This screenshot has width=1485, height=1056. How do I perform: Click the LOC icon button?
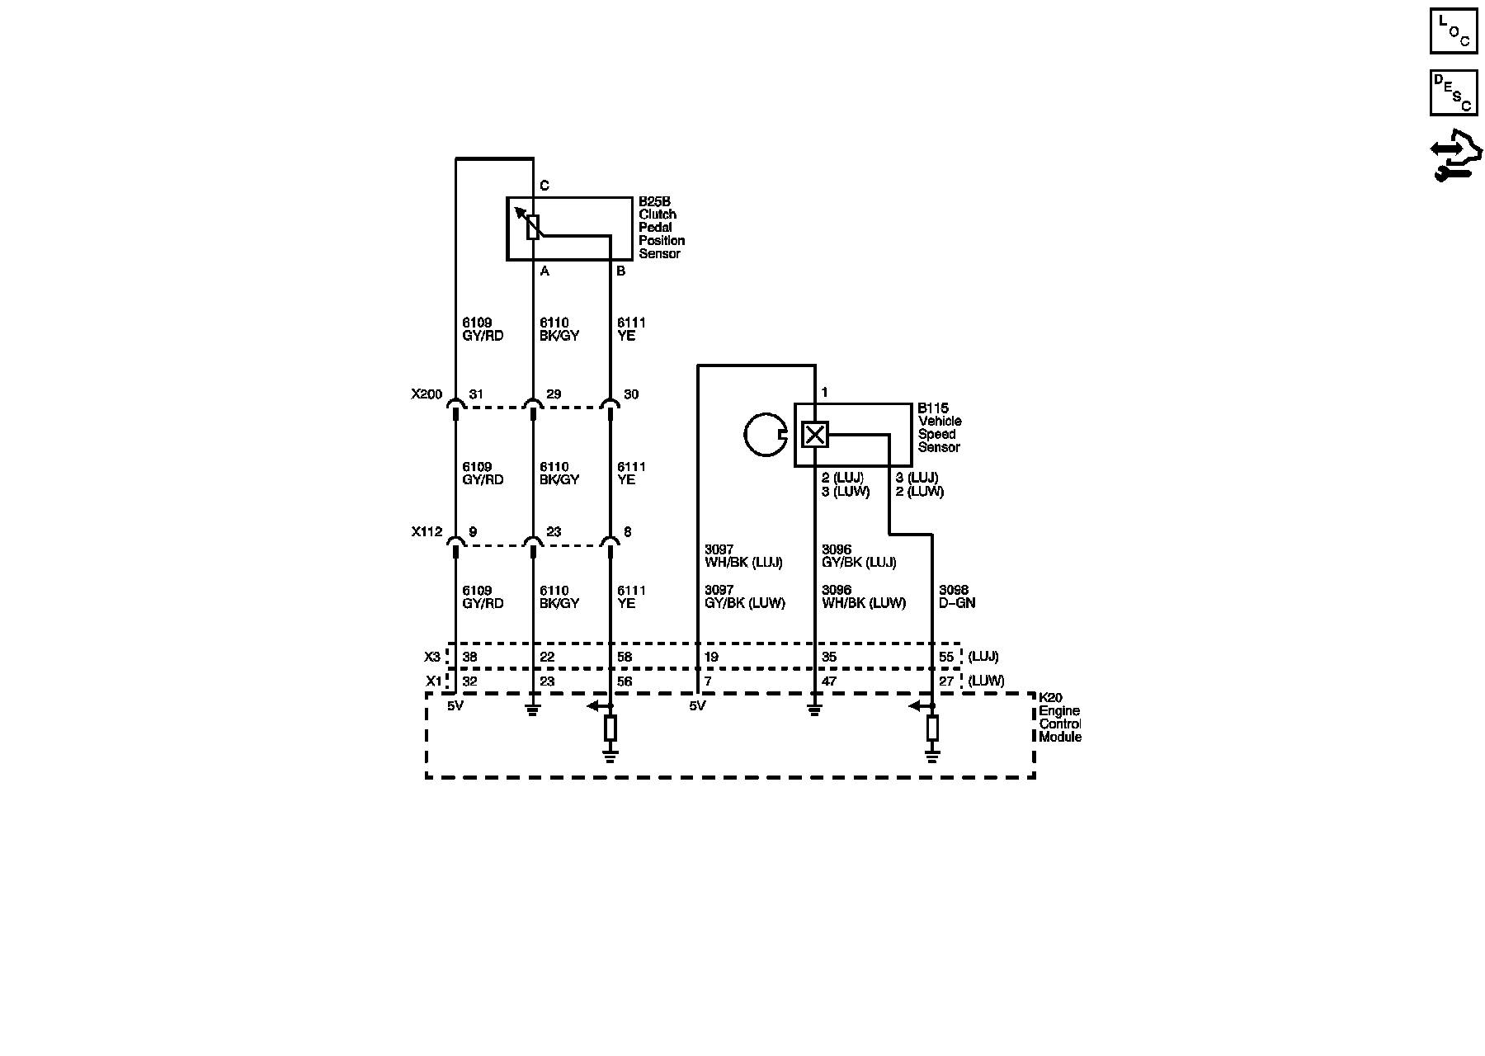click(x=1454, y=31)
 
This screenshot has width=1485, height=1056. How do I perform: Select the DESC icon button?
click(x=1454, y=92)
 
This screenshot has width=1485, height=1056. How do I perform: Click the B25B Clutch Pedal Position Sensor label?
click(x=661, y=227)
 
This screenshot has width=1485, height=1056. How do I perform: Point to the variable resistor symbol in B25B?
click(x=532, y=227)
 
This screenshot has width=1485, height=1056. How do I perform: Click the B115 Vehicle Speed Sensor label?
click(x=940, y=427)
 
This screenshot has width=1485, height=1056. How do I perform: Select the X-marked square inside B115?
click(x=814, y=434)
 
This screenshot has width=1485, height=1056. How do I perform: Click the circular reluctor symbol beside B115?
click(x=764, y=435)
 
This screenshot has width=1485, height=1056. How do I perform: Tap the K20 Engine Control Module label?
click(x=1059, y=717)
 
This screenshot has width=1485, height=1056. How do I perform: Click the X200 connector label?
click(x=427, y=394)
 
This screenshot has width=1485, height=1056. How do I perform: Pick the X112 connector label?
click(x=427, y=532)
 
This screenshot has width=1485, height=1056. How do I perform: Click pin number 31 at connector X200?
click(x=476, y=394)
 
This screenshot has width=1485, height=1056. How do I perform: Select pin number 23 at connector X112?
click(x=554, y=532)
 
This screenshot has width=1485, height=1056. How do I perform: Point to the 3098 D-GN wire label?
click(x=957, y=596)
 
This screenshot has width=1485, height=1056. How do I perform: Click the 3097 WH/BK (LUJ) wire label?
click(x=743, y=556)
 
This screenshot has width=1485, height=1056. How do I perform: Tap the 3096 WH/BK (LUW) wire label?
click(x=864, y=596)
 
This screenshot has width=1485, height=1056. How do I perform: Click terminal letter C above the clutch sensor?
click(x=544, y=186)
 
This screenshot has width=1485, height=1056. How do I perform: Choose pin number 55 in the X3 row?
click(x=946, y=658)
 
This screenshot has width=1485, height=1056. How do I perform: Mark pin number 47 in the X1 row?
click(x=829, y=681)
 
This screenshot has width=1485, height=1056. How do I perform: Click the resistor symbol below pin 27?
click(x=932, y=728)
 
